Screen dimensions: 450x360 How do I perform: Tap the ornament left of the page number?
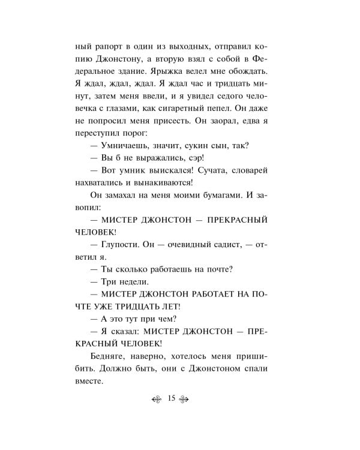[157, 399]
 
